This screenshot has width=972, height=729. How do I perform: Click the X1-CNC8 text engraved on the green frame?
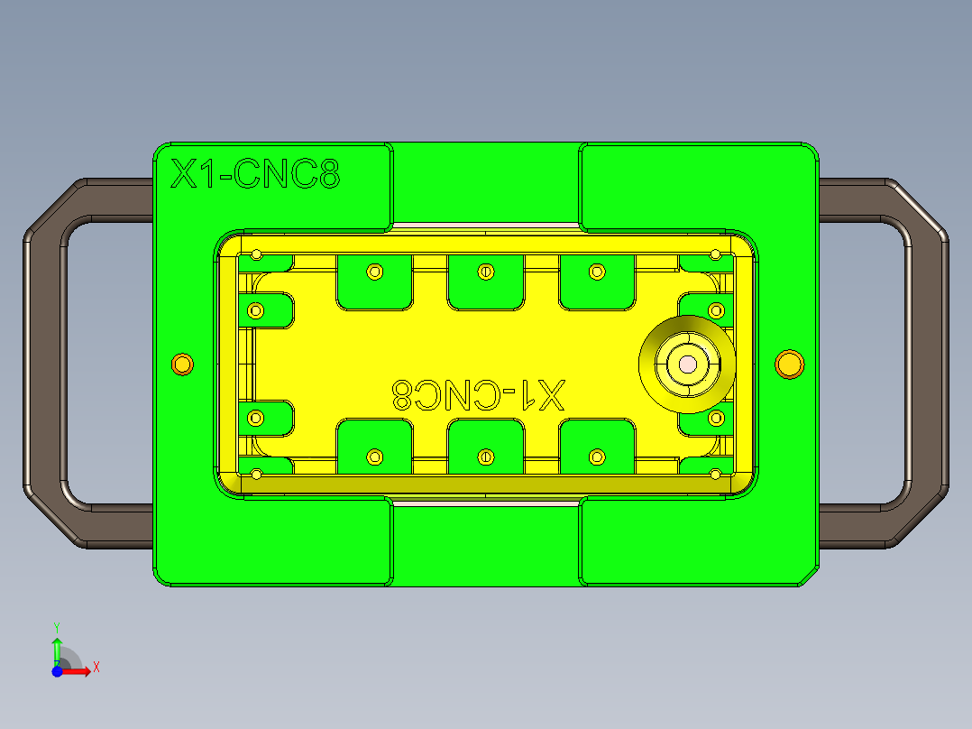click(255, 174)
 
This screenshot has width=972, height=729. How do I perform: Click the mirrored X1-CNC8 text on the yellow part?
click(478, 394)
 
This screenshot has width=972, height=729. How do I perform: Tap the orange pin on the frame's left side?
click(182, 364)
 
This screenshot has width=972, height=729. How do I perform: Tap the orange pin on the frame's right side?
click(789, 364)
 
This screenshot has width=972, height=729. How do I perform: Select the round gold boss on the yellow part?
click(686, 364)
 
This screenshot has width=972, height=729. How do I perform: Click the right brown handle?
click(929, 361)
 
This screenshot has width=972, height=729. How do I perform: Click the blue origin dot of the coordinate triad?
click(57, 670)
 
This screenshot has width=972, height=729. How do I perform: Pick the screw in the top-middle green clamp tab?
click(486, 271)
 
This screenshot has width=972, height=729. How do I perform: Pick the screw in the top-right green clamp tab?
click(595, 271)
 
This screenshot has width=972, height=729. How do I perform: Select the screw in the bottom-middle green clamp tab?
click(486, 457)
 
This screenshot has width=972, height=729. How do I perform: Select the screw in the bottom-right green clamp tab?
click(595, 457)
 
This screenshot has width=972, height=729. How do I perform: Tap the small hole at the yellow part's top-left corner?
click(256, 254)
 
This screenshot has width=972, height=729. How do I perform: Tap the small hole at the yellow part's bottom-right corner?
click(715, 474)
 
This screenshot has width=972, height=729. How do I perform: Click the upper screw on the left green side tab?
click(256, 310)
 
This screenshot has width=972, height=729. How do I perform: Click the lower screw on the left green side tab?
click(256, 418)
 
